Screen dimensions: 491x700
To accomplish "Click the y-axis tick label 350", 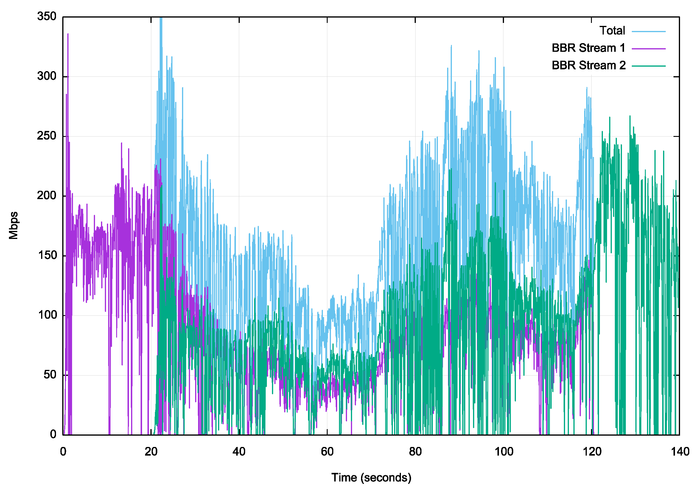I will (x=47, y=16).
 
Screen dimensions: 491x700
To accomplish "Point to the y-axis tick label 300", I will (x=47, y=76).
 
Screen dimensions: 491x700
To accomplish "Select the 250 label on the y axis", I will (x=47, y=136).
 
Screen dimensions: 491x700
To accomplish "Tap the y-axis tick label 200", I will (x=47, y=196).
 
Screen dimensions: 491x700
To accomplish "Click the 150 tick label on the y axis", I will (x=47, y=255).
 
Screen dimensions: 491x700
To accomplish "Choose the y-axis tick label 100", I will (x=47, y=315).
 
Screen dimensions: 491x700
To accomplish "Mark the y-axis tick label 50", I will (x=50, y=375).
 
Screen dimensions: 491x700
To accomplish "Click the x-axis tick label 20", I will (x=151, y=451).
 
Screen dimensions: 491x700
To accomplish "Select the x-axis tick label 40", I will (x=239, y=451).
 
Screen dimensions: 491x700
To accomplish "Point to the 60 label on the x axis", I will (x=327, y=451).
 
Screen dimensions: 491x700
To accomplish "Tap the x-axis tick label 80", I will (x=415, y=451).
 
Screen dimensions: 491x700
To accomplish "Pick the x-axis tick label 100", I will (x=503, y=451).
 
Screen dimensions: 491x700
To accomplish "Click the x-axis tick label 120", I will (x=592, y=451).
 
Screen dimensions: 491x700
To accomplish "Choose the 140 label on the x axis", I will (x=679, y=451).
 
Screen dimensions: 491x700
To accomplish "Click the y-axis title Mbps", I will (x=13, y=225).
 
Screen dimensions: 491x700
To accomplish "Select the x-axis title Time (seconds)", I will (x=371, y=477).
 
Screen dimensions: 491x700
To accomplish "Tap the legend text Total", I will (x=612, y=31).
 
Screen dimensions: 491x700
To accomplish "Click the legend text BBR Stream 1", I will (x=588, y=48).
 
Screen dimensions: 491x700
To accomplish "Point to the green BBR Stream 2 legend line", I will (x=648, y=66).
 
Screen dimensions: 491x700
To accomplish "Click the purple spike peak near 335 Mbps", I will (x=68, y=34).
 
